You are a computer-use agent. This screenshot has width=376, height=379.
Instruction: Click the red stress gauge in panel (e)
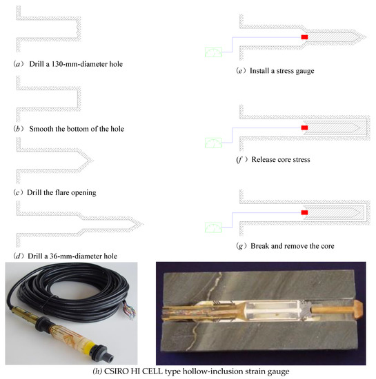pyautogui.click(x=304, y=37)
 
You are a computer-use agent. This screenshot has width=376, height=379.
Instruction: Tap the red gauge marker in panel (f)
pyautogui.click(x=304, y=127)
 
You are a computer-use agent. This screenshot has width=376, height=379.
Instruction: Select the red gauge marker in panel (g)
pyautogui.click(x=304, y=212)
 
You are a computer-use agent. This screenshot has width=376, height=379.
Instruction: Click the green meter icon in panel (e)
pyautogui.click(x=213, y=52)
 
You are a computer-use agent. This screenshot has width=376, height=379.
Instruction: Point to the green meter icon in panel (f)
pyautogui.click(x=213, y=143)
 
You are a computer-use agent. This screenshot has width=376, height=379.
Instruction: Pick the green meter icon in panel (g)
pyautogui.click(x=213, y=227)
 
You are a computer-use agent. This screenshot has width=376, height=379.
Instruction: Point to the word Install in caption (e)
pyautogui.click(x=259, y=70)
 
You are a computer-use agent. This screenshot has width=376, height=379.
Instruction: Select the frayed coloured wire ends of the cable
pyautogui.click(x=130, y=310)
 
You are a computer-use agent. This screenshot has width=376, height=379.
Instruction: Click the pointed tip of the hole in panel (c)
pyautogui.click(x=92, y=160)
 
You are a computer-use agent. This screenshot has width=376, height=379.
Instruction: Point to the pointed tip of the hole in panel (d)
pyautogui.click(x=143, y=224)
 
